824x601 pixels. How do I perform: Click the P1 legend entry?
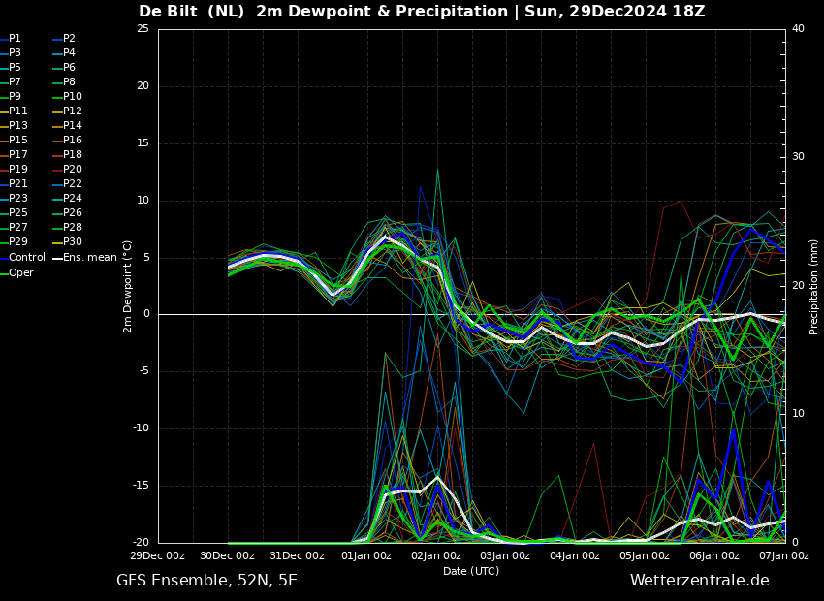tap(11, 39)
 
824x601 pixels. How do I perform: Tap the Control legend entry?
tap(22, 257)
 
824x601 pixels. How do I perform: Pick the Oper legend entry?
tap(16, 272)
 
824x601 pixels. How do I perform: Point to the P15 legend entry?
tap(14, 140)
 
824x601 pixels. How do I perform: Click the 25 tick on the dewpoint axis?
tap(143, 28)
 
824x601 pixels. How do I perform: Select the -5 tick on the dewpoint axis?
tap(143, 371)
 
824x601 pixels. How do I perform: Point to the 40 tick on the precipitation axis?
tap(798, 28)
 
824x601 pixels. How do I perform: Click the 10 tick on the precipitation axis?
tap(798, 413)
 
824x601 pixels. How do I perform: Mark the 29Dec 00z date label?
tap(158, 555)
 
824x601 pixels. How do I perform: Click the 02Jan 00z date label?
tap(437, 555)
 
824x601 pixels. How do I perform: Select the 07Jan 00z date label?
tap(785, 555)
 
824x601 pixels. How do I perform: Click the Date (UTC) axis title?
tap(471, 571)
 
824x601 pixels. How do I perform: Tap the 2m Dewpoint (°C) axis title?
tap(128, 287)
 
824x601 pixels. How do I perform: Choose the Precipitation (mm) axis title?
tap(814, 294)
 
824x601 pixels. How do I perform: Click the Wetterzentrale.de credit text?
tap(700, 581)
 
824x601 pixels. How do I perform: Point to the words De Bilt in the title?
tap(168, 11)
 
